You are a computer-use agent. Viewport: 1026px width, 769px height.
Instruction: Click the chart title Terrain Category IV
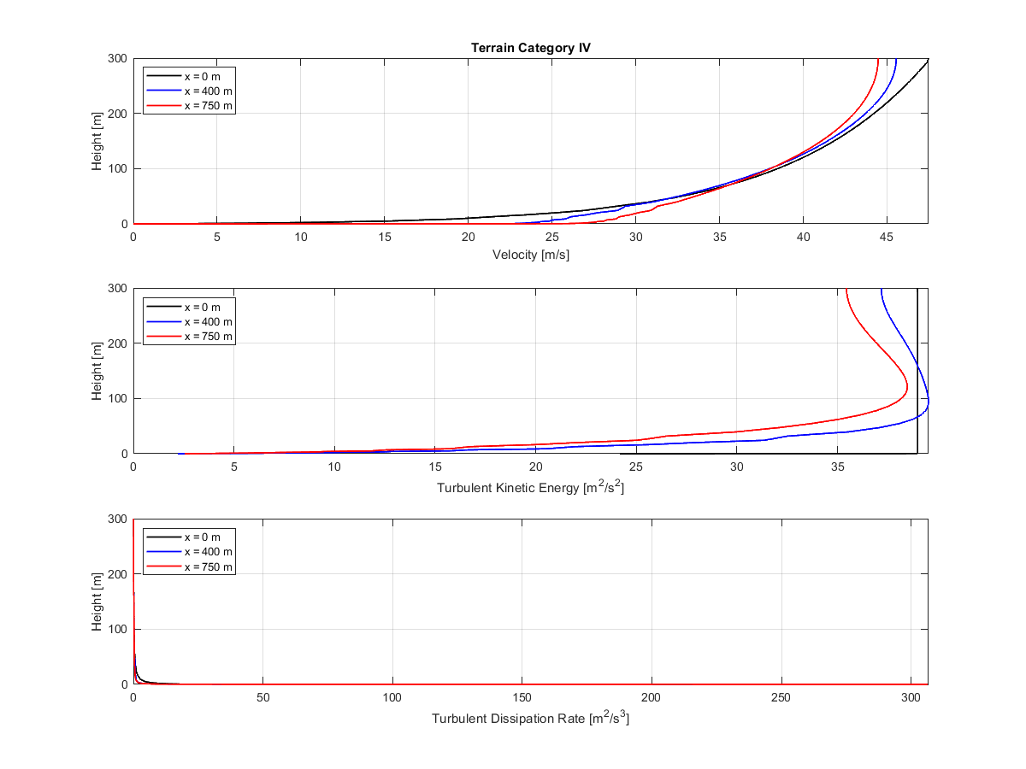click(530, 48)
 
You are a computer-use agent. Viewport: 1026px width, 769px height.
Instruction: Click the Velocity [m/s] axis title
click(530, 255)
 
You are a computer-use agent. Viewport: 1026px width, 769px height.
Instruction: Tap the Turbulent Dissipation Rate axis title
click(530, 718)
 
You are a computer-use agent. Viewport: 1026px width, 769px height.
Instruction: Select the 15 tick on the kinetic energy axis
click(434, 467)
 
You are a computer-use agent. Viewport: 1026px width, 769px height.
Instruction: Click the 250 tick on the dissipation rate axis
click(782, 697)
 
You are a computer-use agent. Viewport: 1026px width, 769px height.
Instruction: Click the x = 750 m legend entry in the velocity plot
click(208, 106)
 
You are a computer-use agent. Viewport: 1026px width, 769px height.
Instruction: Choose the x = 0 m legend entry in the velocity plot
click(202, 76)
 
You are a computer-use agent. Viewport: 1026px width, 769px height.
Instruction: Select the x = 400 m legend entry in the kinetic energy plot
click(208, 321)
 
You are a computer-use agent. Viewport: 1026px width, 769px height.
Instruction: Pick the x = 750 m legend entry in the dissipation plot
click(208, 567)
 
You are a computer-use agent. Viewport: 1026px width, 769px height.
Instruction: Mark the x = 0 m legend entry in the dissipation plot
click(202, 537)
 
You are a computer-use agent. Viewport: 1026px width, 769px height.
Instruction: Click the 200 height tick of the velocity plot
click(116, 114)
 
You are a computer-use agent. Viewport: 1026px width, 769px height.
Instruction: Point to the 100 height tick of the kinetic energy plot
click(116, 399)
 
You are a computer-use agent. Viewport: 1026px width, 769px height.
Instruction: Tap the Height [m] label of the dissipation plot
click(97, 602)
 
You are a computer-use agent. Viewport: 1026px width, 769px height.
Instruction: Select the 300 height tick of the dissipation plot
click(116, 520)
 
